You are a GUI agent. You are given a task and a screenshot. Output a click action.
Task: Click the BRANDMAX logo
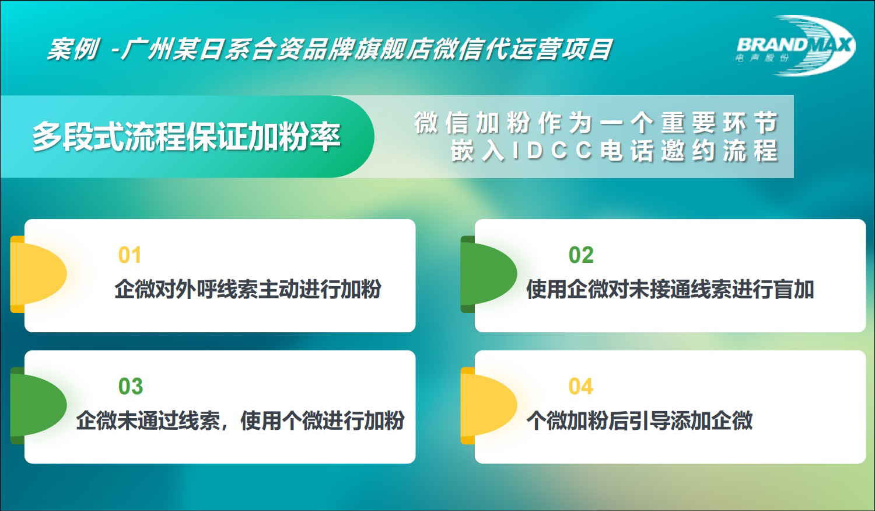point(796,46)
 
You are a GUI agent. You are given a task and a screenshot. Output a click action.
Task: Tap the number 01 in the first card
point(129,255)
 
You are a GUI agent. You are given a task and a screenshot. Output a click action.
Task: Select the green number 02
point(581,255)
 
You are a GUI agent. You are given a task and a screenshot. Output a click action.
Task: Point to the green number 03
point(131,387)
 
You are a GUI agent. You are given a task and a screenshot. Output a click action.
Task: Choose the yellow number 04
point(581,387)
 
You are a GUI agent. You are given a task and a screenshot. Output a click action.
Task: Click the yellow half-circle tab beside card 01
point(38,274)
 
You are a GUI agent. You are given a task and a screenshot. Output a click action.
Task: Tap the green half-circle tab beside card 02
point(488,274)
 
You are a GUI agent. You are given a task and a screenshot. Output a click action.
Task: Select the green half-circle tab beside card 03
point(38,405)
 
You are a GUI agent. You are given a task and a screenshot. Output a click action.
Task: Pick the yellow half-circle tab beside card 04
point(488,405)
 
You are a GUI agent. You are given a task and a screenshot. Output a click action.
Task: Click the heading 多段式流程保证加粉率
point(186,137)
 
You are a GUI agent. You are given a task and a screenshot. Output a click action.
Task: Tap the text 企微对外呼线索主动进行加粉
point(248,289)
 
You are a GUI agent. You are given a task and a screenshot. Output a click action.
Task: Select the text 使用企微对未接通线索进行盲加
point(670,289)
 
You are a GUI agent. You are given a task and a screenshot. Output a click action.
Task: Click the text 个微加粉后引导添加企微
point(639,420)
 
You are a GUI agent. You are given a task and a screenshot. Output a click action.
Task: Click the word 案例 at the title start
point(73,50)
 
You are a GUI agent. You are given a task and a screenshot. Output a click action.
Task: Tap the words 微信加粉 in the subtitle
point(472,123)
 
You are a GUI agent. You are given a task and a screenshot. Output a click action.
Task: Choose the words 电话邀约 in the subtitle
point(658,151)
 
